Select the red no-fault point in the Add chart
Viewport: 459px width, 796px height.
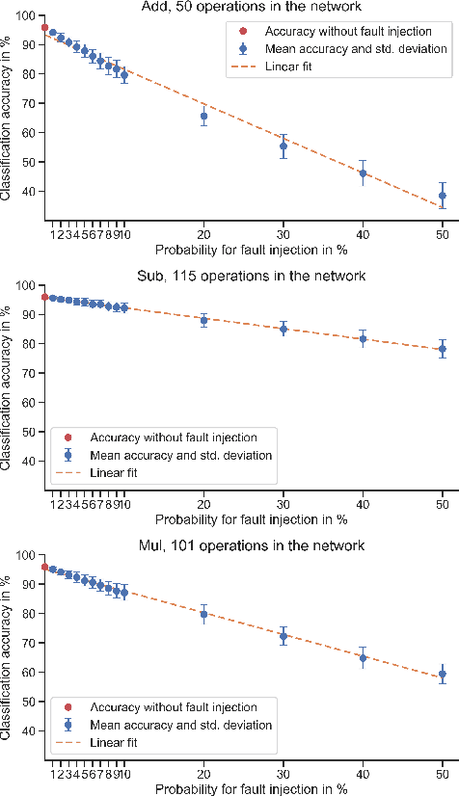click(44, 28)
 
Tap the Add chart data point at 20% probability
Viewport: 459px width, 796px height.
click(203, 117)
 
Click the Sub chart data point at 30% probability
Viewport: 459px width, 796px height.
click(283, 329)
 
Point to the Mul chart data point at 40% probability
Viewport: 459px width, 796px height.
click(364, 658)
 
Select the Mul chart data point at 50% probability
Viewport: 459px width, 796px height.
click(443, 674)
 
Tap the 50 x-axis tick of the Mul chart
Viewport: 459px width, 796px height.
click(443, 772)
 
